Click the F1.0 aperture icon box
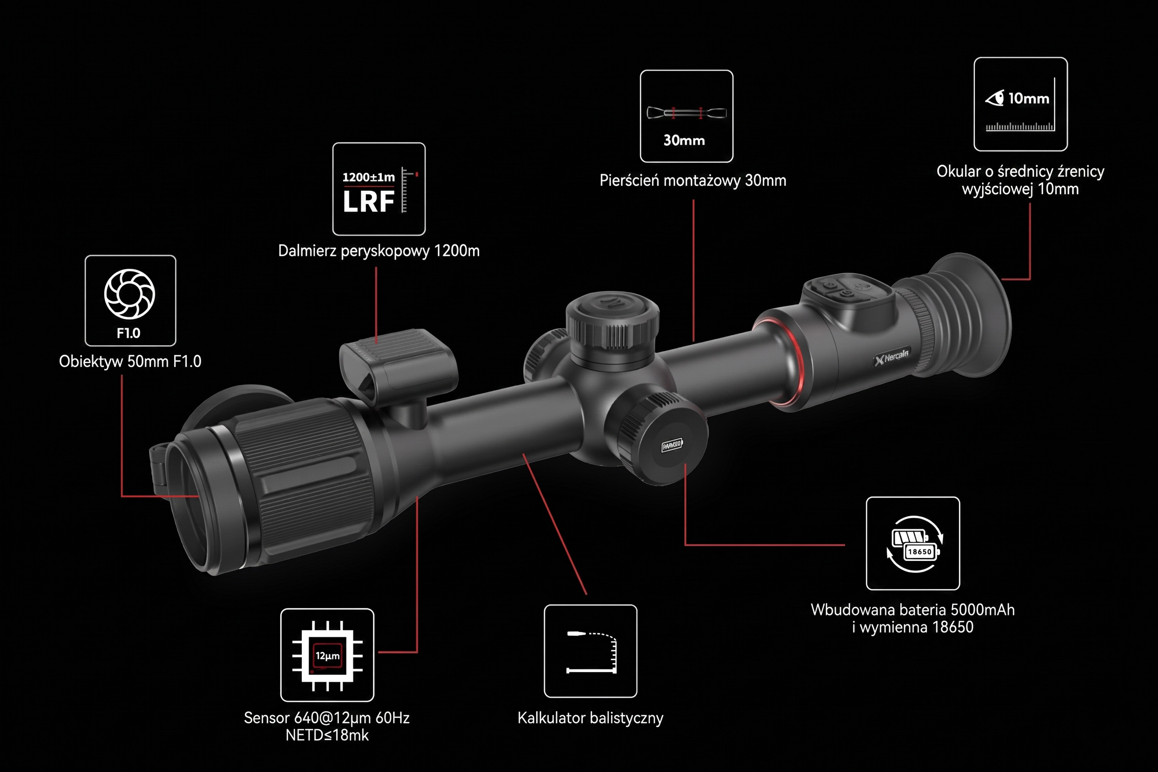pos(131,300)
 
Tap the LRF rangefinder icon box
pos(379,189)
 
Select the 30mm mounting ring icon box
pos(687,116)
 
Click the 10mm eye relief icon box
pos(1021,104)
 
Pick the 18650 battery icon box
pos(913,543)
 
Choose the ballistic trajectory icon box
pos(590,651)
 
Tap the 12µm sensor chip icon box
pos(327,655)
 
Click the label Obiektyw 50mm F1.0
pos(130,361)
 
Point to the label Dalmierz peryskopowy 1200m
pos(379,250)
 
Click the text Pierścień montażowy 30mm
pos(693,181)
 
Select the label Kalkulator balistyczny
pos(590,718)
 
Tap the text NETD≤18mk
pos(327,735)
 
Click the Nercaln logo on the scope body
pos(892,356)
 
